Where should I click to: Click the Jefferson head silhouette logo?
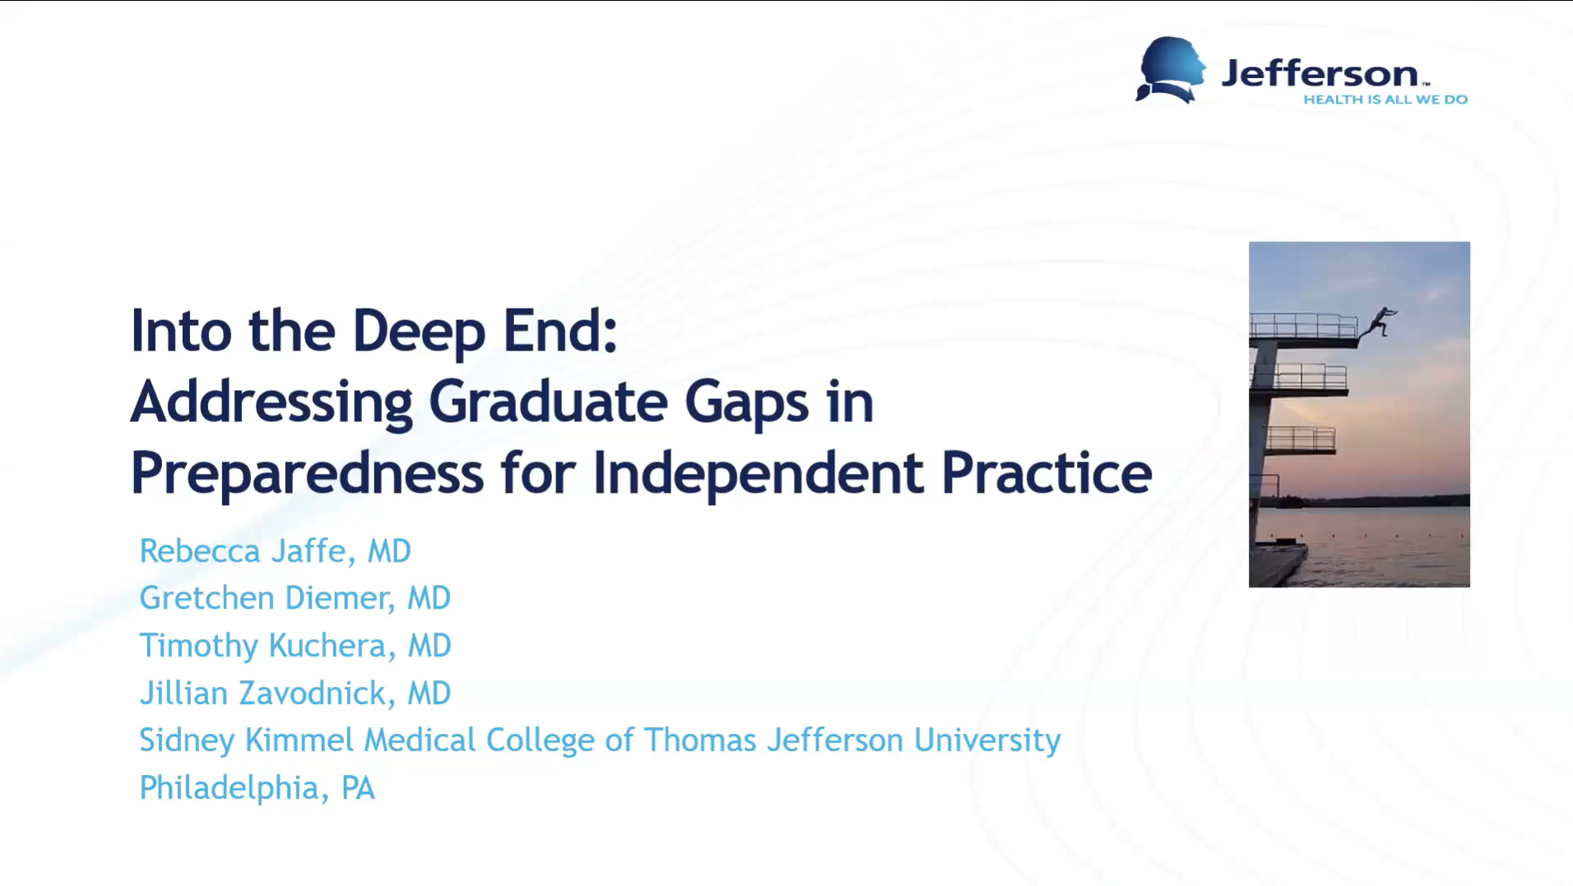pos(1170,70)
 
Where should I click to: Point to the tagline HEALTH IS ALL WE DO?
pos(1385,100)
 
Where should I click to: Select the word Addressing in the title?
pos(271,403)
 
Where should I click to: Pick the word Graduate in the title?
pos(548,401)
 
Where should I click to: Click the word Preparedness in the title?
pos(307,474)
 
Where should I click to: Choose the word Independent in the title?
pos(758,474)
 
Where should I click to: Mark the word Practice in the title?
pos(1046,473)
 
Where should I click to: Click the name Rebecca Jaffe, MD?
pos(275,551)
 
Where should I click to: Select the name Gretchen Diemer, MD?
pos(295,598)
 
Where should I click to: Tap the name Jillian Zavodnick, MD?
pos(295,693)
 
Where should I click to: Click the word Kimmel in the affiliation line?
pos(299,740)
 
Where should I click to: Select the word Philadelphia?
pos(229,788)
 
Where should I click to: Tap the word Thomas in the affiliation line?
pos(699,740)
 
